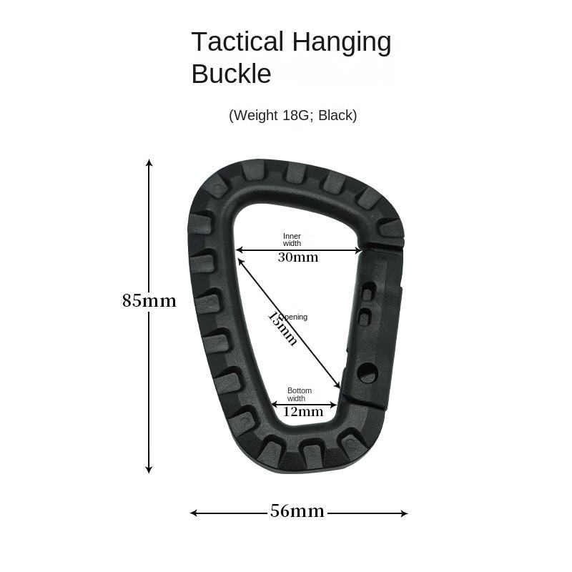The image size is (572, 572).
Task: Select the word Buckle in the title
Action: coord(231,74)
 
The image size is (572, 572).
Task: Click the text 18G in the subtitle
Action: coord(294,115)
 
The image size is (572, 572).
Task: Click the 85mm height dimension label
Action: coord(149,301)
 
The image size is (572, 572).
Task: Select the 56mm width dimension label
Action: coord(297,512)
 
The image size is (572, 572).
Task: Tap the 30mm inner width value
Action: coord(298,257)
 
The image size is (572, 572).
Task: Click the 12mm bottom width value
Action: coord(303,412)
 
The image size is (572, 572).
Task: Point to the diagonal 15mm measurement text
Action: coord(283,327)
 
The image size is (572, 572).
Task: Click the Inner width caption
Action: coord(292,240)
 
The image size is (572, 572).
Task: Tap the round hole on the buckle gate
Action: coord(367,372)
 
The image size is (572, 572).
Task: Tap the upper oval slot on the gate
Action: coord(368,294)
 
